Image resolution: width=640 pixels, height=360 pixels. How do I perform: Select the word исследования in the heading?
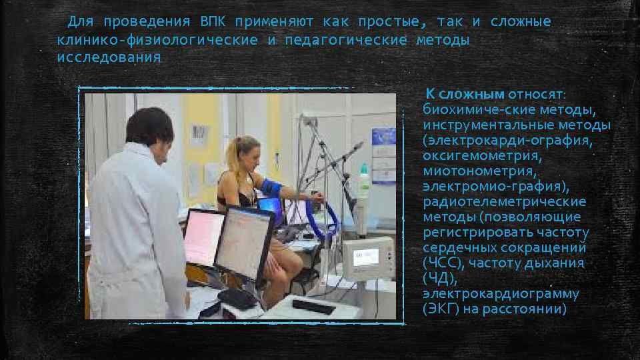(109, 57)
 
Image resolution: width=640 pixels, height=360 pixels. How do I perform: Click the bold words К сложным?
(465, 94)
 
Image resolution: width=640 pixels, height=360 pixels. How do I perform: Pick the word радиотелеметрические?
(505, 201)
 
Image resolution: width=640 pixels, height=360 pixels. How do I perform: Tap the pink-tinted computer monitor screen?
(203, 237)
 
